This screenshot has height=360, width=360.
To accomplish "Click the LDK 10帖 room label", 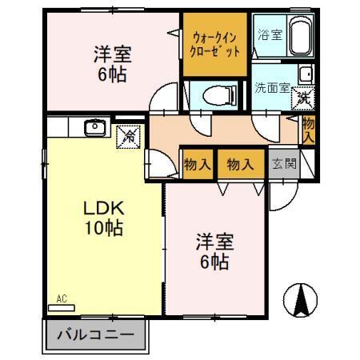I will (x=103, y=218).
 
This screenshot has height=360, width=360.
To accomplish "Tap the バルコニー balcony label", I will (x=94, y=334).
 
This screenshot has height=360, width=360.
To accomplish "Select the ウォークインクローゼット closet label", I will (x=215, y=43).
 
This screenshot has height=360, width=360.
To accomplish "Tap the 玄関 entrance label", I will (x=282, y=164).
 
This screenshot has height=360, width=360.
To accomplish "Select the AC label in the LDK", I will (x=62, y=299).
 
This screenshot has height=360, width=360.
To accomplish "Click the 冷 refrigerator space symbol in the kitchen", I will (x=127, y=135).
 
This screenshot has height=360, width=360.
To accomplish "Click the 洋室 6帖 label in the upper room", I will (x=111, y=65).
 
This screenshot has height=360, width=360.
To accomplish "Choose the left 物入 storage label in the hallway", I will (x=198, y=164).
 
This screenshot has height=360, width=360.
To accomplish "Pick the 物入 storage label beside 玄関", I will (x=240, y=164).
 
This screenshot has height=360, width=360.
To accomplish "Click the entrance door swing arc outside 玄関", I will (x=280, y=196).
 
